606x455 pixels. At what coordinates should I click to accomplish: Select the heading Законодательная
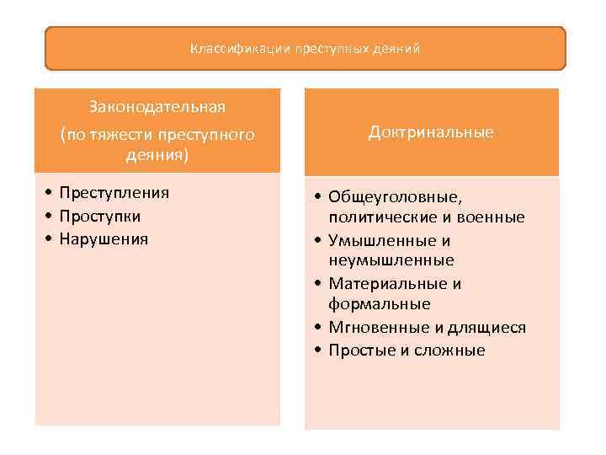click(157, 107)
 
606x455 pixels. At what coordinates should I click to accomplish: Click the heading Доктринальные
click(431, 132)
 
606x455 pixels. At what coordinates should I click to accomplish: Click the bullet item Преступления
click(114, 192)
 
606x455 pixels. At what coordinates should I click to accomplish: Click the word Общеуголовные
click(395, 197)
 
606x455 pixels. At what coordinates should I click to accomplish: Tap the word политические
click(376, 217)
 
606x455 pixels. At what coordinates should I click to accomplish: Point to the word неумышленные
click(391, 260)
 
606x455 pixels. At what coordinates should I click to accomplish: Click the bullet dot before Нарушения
click(51, 239)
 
